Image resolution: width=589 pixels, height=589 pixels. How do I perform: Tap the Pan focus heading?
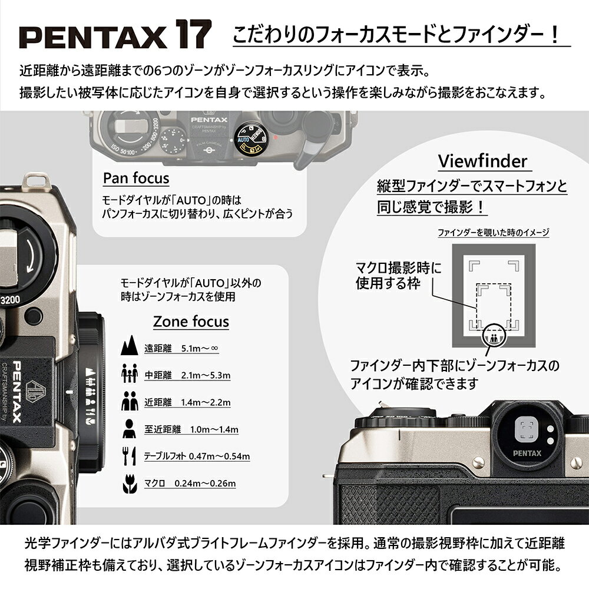(136, 178)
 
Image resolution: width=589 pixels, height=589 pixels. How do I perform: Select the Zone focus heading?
(191, 322)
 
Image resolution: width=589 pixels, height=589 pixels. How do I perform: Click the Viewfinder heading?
(482, 161)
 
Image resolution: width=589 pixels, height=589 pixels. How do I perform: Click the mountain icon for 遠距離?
(128, 348)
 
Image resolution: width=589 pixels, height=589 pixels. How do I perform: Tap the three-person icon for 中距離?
(128, 375)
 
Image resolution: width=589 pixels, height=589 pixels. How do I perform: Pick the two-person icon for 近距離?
(128, 402)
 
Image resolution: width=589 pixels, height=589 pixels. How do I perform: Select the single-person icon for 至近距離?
(128, 429)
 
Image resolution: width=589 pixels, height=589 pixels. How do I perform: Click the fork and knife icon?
(128, 456)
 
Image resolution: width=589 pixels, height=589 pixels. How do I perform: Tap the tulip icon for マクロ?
(128, 484)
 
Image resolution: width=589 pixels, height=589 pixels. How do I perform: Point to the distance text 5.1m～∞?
(200, 349)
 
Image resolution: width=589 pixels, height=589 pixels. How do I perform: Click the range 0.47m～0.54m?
(223, 456)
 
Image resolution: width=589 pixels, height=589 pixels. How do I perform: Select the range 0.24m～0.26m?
(205, 484)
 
